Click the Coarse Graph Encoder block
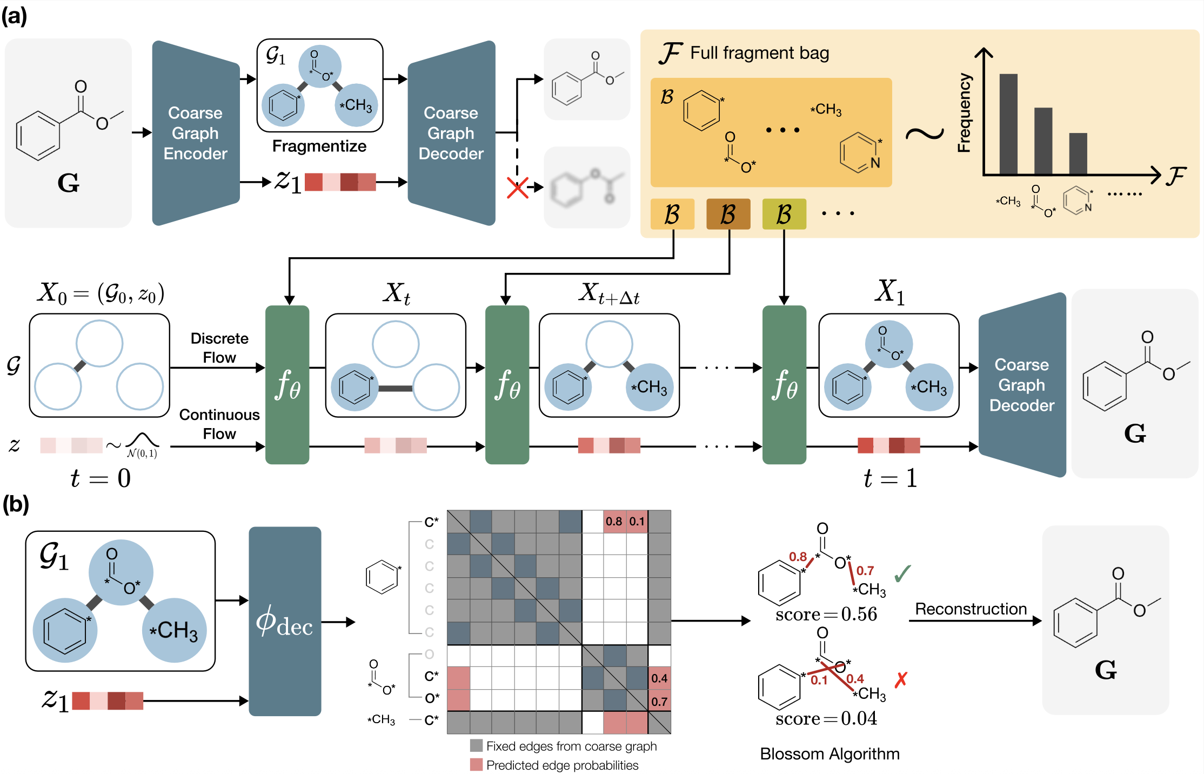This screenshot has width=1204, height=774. (195, 133)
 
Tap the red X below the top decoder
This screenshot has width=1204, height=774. (517, 188)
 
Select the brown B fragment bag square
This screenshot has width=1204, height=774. (728, 214)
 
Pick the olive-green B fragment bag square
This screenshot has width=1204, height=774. (784, 214)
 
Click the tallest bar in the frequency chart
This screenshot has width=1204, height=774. (1008, 124)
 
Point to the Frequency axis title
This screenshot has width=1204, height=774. (964, 112)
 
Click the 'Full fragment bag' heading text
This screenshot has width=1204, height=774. (759, 53)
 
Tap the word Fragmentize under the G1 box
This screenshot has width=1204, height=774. (319, 146)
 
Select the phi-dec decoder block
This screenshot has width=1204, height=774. (285, 621)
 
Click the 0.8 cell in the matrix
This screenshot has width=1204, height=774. (614, 522)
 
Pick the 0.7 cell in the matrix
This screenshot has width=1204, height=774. (659, 702)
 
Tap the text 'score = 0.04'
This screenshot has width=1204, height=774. (826, 718)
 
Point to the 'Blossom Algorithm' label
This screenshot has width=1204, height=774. (830, 754)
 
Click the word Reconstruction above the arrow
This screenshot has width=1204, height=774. (971, 609)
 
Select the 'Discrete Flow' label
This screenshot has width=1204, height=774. (219, 348)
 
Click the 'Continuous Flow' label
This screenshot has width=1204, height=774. (219, 424)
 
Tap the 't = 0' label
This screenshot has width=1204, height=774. (101, 478)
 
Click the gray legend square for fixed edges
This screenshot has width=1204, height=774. (476, 746)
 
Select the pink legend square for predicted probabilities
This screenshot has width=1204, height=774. (476, 765)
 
